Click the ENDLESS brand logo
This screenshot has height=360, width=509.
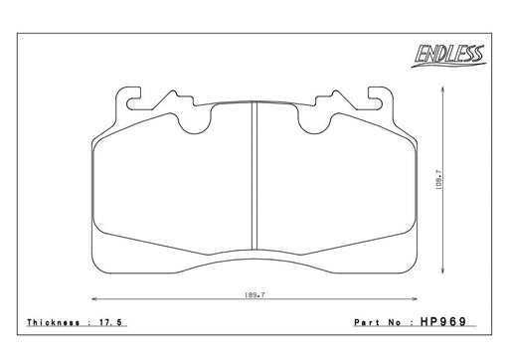pyautogui.click(x=448, y=56)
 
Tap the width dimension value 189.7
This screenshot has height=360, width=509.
pyautogui.click(x=254, y=294)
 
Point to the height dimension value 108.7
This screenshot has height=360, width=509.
pyautogui.click(x=438, y=179)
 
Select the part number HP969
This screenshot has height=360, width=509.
pyautogui.click(x=443, y=321)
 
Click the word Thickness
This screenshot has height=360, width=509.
pyautogui.click(x=54, y=322)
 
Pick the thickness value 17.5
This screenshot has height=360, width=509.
pyautogui.click(x=110, y=322)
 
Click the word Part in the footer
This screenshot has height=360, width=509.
pyautogui.click(x=368, y=322)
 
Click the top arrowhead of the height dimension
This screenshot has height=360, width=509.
pyautogui.click(x=442, y=88)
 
